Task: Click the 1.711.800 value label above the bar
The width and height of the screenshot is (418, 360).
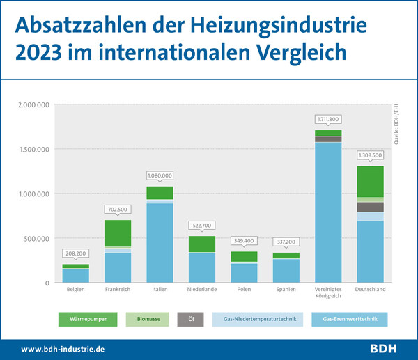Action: point(328,120)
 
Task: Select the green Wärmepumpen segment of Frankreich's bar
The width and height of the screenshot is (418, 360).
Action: point(118,233)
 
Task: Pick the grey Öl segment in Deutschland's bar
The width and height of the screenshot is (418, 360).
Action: point(370,207)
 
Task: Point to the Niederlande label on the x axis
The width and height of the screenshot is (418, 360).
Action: point(201,289)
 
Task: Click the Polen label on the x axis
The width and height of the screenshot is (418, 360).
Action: point(243,289)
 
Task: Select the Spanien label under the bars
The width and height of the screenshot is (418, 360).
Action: point(286,289)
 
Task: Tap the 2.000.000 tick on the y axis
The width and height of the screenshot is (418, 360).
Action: point(32,104)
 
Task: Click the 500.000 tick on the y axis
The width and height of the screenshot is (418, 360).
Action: point(36,238)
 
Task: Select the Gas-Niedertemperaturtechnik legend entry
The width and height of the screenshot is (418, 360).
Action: point(260,320)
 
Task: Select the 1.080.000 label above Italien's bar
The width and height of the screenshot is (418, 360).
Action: point(160,176)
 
